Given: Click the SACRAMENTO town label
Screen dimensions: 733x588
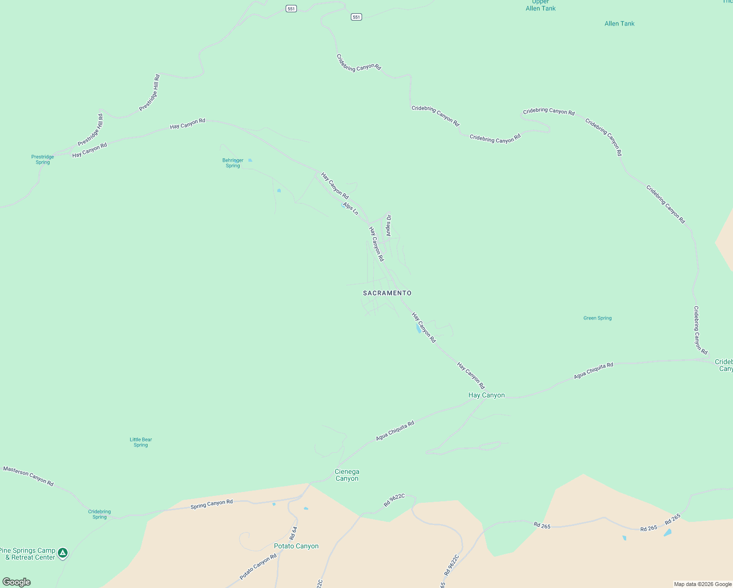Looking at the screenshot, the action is pos(387,293).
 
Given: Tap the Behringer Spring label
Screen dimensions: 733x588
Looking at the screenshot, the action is pos(233,163).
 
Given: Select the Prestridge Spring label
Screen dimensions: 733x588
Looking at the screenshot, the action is pos(43,160).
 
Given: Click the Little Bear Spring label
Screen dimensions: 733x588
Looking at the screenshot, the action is pos(141,442).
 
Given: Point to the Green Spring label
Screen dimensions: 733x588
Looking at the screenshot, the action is pos(597,318).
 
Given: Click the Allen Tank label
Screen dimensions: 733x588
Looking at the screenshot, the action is pos(619,24).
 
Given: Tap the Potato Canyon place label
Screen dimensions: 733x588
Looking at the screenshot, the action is pos(296,546).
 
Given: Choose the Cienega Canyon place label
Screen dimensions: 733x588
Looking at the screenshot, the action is pos(347,475).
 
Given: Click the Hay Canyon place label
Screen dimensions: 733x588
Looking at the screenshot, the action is pos(487,395).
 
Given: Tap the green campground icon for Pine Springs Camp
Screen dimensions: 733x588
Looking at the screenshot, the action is pos(62,553).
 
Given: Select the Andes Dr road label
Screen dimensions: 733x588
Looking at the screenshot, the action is pos(389,225).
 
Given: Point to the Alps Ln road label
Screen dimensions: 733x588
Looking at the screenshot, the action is pos(351,208).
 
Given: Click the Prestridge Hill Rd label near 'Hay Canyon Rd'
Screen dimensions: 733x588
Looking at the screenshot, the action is pos(90,130).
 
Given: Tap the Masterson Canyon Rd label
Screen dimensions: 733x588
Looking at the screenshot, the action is pos(28,476).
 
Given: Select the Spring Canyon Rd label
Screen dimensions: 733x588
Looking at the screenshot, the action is pos(212,504).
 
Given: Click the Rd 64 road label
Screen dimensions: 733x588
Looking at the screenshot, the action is pos(293,533).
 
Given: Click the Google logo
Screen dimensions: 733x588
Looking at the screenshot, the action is pos(17,582).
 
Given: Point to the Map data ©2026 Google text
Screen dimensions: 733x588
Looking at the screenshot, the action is pos(703,584).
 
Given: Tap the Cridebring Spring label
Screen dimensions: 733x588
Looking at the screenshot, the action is pos(99,514).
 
